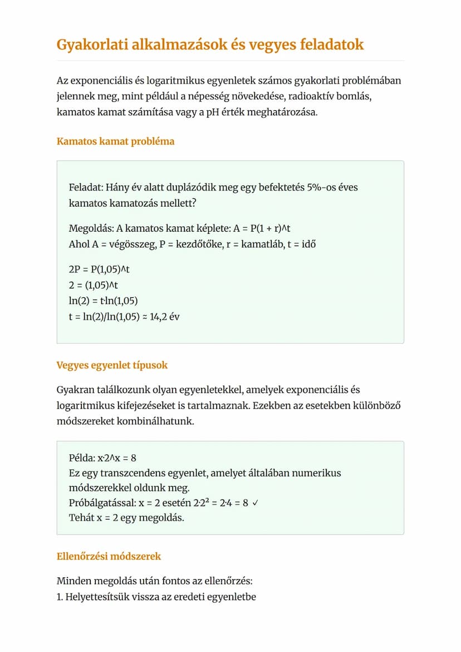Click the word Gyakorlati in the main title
92,45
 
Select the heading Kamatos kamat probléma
115,141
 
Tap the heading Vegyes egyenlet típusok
112,365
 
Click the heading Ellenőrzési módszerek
109,556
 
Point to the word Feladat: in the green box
86,187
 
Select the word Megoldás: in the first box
91,228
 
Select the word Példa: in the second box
81,458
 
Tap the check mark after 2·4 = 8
255,503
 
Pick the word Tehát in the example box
80,518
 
